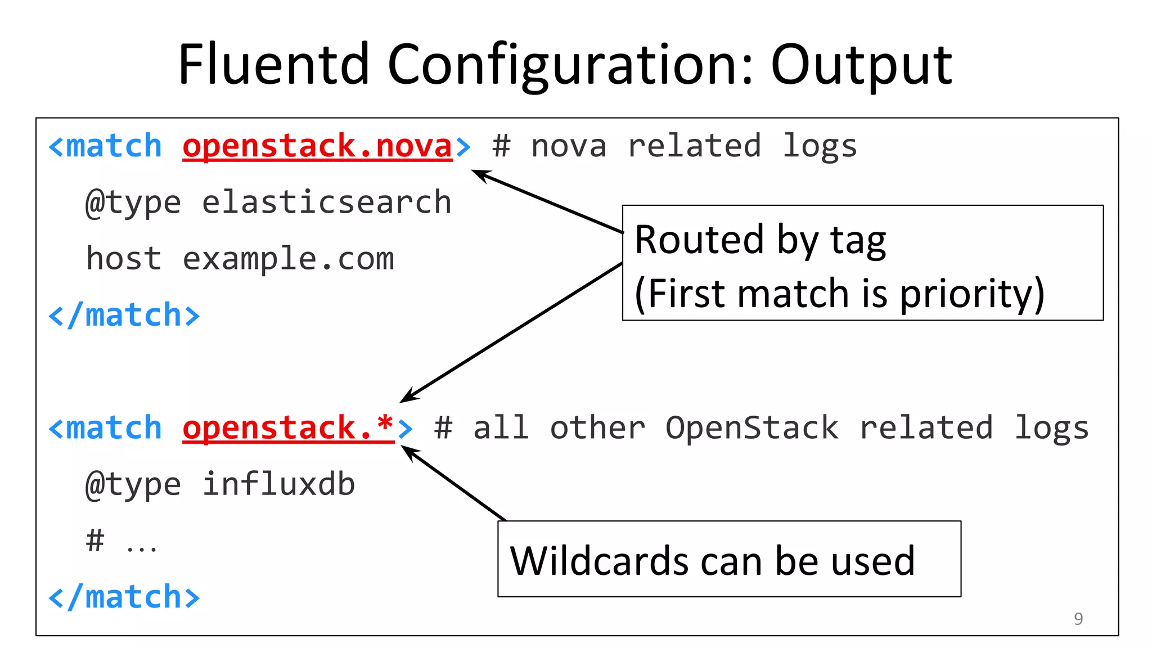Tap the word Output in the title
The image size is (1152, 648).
[861, 66]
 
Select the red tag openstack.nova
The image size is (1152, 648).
[317, 146]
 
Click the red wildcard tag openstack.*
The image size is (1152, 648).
[288, 427]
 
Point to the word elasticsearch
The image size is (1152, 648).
[326, 202]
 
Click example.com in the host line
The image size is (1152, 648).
[288, 259]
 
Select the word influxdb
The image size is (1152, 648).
[278, 484]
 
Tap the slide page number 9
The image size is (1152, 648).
[1078, 619]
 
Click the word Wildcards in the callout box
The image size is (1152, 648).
[598, 561]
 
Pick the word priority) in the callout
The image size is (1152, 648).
[972, 294]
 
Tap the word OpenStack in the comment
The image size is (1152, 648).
[751, 428]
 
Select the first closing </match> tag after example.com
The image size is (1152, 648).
[124, 315]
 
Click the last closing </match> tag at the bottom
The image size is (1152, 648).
[124, 597]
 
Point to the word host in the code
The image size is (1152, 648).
[124, 259]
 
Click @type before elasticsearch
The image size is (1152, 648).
[133, 203]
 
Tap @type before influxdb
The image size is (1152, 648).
[133, 485]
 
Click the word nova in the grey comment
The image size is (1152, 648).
[569, 147]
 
